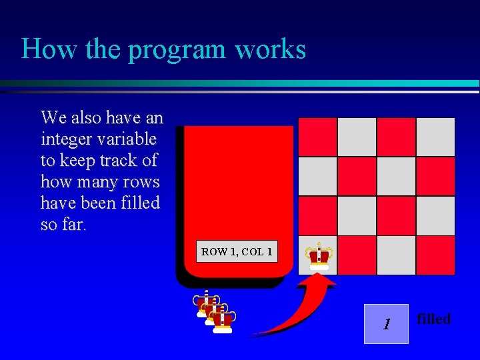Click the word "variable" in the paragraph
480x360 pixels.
[x=129, y=139]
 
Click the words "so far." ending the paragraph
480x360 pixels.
[x=63, y=225]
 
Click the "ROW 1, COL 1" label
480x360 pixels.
[x=237, y=252]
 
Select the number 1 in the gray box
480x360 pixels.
[x=385, y=325]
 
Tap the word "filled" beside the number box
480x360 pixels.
[x=433, y=319]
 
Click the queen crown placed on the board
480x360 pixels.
[x=318, y=255]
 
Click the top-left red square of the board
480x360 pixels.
[x=317, y=137]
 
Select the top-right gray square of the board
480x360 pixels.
[x=435, y=137]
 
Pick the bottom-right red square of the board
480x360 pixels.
[x=435, y=255]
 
